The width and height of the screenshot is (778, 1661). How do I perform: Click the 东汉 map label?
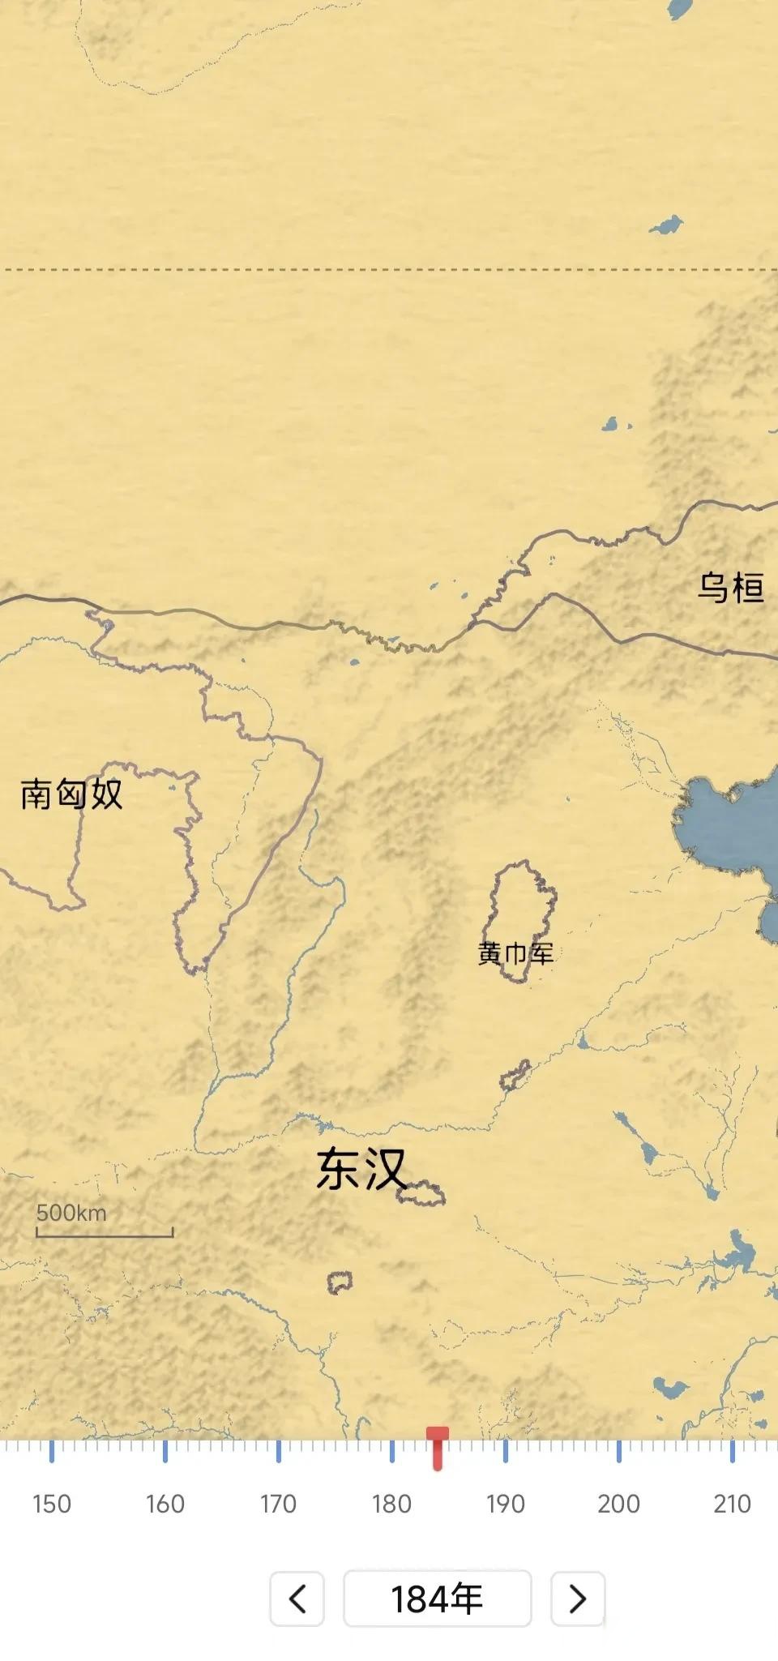tap(361, 1168)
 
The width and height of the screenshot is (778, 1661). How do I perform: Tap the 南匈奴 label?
tap(71, 794)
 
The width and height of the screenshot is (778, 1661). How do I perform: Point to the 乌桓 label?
tap(730, 588)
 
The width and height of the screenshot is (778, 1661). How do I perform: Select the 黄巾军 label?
tap(515, 953)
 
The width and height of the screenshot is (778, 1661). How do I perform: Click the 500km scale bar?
tap(105, 1235)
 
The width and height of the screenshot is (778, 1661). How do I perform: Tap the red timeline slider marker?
tap(438, 1448)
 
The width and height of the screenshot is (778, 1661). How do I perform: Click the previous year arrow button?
tap(297, 1599)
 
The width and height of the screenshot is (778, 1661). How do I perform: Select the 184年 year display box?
tap(438, 1599)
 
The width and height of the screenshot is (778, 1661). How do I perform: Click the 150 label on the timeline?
tap(52, 1504)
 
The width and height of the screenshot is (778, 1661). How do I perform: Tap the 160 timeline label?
tap(165, 1504)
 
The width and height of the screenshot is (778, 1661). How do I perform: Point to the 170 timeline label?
tap(278, 1504)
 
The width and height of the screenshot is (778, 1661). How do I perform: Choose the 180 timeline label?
tap(391, 1504)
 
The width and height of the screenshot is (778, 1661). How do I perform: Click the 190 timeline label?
tap(505, 1504)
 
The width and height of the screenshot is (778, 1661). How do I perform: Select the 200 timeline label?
tap(618, 1504)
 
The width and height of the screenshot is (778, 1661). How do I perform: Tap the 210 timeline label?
tap(732, 1504)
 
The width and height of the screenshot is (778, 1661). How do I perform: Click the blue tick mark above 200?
tap(618, 1451)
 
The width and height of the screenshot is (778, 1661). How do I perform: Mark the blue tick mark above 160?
tap(165, 1451)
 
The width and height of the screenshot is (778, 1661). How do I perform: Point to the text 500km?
tap(71, 1213)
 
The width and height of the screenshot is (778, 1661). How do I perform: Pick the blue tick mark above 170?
tap(278, 1451)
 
